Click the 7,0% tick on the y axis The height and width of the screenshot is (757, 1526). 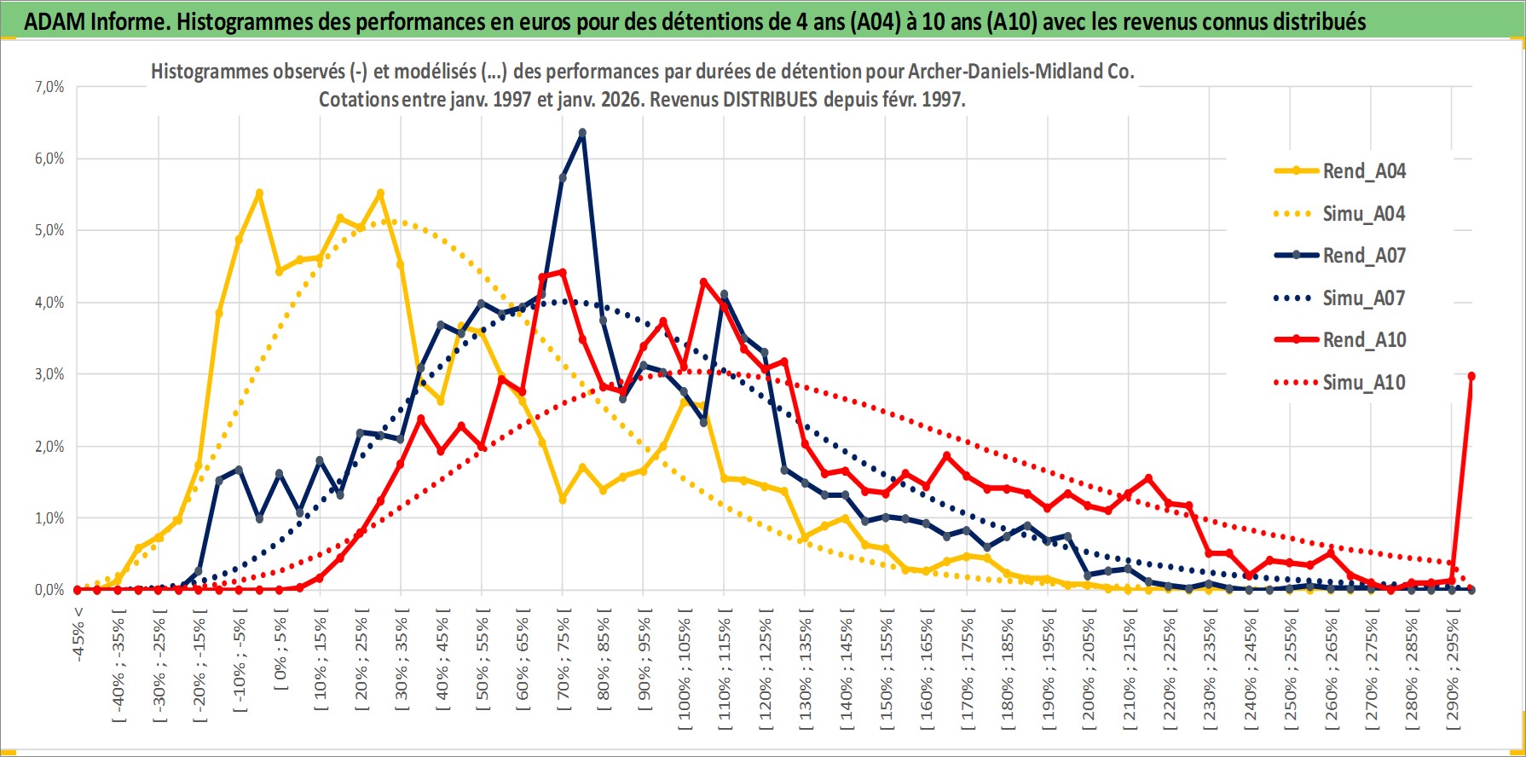point(49,87)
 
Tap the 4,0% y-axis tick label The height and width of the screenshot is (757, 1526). point(49,303)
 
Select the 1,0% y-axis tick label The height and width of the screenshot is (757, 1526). point(49,518)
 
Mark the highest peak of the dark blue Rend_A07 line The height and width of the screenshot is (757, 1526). point(582,133)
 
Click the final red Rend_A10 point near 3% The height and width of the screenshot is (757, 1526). point(1471,376)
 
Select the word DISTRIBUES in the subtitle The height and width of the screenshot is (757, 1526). point(770,100)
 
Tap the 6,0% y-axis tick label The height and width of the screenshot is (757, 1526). point(49,159)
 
